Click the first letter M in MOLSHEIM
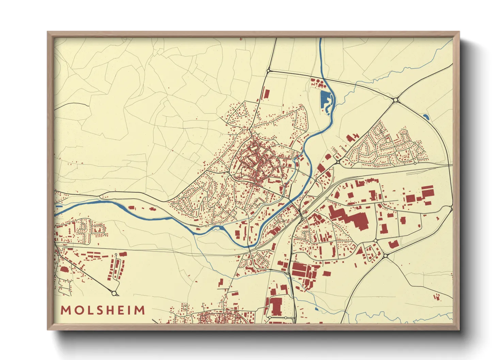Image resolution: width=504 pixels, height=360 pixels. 65,310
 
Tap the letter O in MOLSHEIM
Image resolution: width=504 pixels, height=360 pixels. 78,310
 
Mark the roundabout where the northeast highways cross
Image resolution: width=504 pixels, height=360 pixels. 395,100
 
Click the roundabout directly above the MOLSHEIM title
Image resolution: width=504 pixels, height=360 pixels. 114,293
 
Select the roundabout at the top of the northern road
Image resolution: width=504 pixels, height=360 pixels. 268,71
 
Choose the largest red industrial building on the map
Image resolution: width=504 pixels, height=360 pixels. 354,218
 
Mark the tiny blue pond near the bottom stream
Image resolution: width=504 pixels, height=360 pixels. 316,309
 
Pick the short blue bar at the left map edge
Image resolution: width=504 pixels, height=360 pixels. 59,206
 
